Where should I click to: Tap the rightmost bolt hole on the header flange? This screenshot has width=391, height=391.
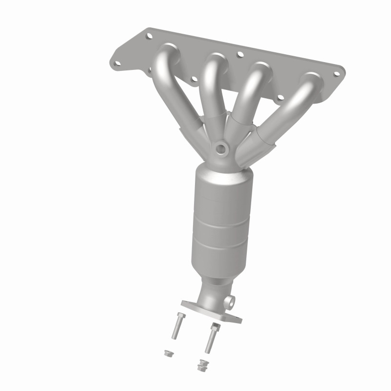(336, 74)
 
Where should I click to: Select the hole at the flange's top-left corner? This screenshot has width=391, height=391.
(150, 36)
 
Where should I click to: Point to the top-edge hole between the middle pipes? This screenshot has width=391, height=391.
(239, 55)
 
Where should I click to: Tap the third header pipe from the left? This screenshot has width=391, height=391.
(249, 93)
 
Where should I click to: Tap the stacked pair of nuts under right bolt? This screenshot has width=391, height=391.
(200, 364)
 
